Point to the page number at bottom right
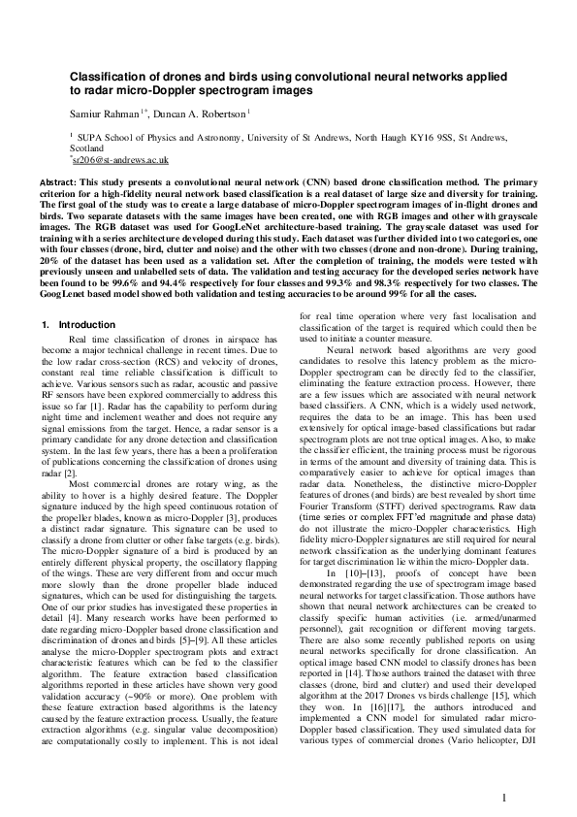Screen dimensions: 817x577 (x=505, y=771)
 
